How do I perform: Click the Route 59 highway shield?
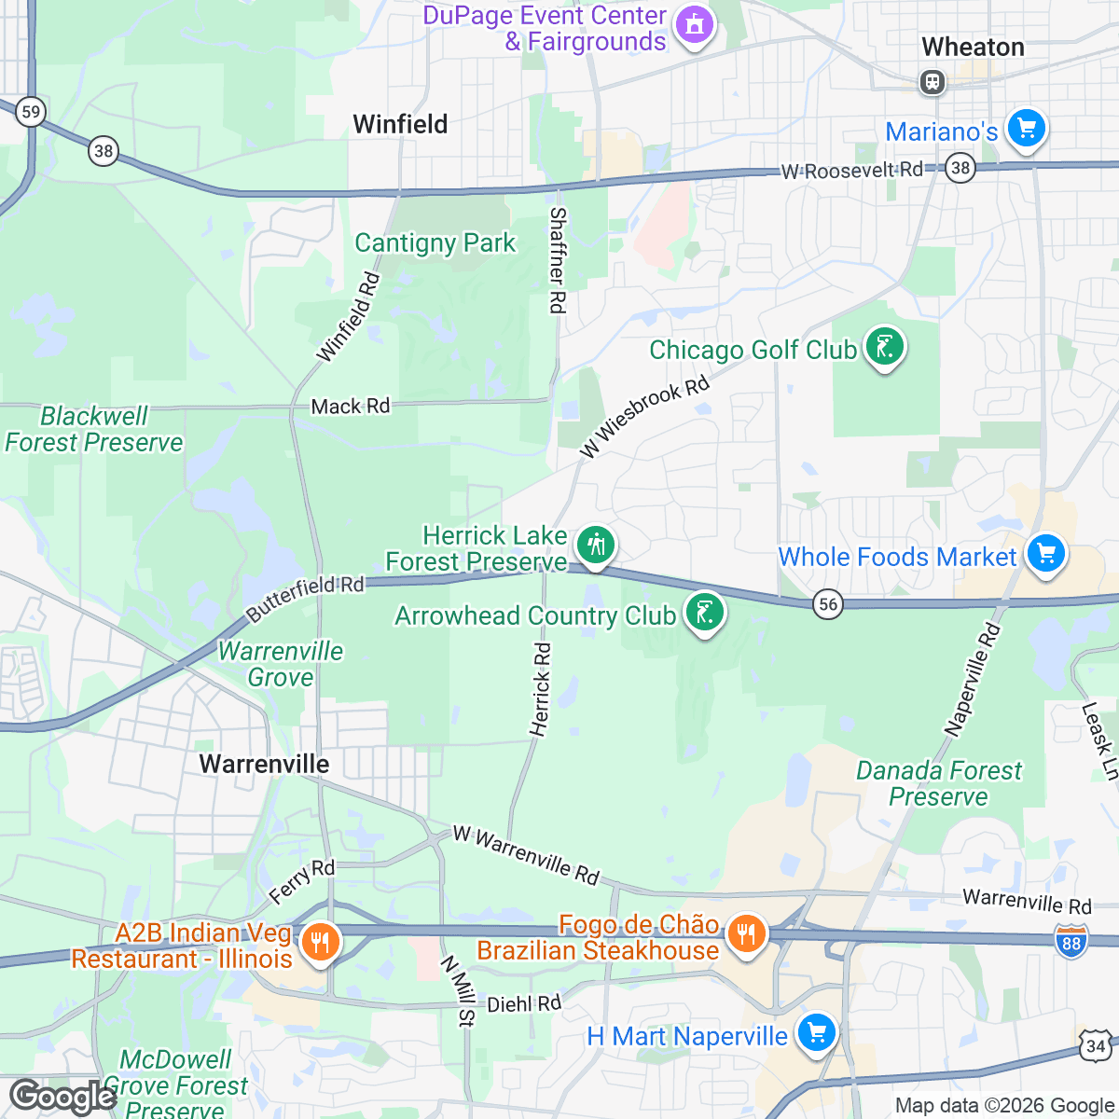[31, 113]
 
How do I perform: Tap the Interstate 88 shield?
[1071, 941]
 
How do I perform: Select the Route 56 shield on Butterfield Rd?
[827, 604]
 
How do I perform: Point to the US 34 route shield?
[1096, 1045]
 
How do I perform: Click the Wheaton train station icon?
[932, 82]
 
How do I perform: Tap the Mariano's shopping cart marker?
[1027, 128]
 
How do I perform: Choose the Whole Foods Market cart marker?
[1045, 554]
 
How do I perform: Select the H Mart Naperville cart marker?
[817, 1033]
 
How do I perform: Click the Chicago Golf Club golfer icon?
[884, 347]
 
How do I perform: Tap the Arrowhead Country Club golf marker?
[705, 614]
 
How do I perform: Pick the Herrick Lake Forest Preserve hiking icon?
[595, 544]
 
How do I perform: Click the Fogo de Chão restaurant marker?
[746, 932]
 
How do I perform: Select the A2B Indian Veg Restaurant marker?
[319, 941]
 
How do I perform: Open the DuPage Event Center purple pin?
[694, 24]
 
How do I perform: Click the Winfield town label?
[400, 124]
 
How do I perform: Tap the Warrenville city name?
[264, 764]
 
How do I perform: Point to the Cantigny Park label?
[435, 243]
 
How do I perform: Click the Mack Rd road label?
[351, 407]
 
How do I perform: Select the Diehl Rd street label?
[524, 1003]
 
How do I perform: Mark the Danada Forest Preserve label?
[938, 783]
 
